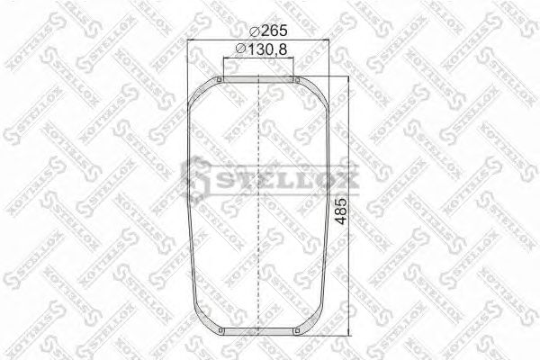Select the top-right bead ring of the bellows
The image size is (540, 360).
click(297, 82)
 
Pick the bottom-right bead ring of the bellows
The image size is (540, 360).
click(297, 336)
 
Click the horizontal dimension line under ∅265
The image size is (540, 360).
click(258, 41)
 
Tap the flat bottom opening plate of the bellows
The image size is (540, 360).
click(258, 337)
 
